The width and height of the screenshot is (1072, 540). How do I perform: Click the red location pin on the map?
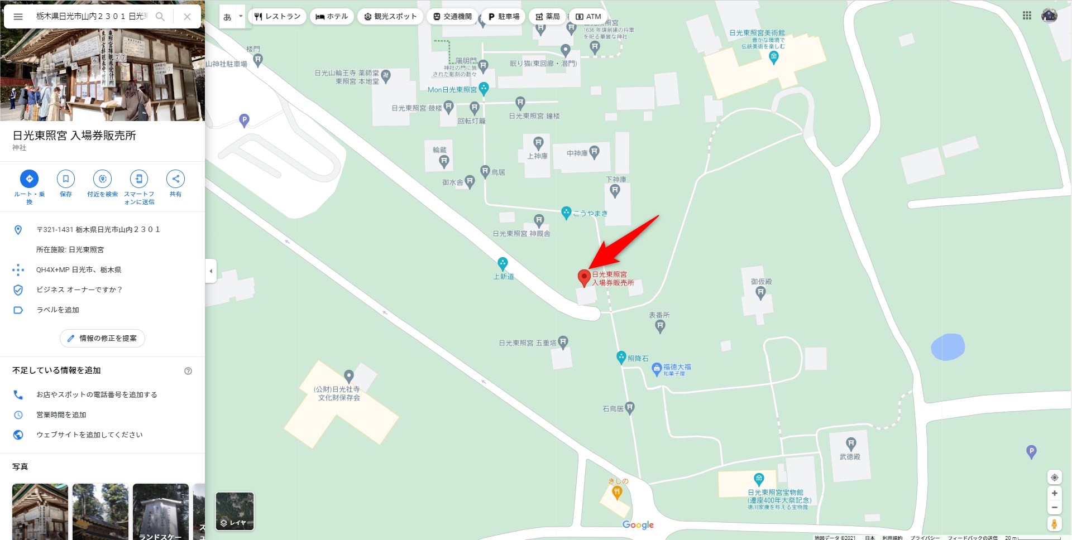(x=584, y=277)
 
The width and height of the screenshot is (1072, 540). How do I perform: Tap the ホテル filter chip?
(x=332, y=17)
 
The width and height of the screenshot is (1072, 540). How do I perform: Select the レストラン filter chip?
(x=277, y=17)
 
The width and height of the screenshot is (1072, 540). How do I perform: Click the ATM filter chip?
(x=588, y=17)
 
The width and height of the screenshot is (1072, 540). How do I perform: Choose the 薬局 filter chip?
(x=547, y=17)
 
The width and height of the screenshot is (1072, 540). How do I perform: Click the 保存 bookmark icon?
(x=66, y=179)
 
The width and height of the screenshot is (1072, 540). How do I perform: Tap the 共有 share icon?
(x=175, y=179)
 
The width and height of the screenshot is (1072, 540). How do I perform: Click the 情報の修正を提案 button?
(x=102, y=338)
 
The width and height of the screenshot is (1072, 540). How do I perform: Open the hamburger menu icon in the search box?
(x=18, y=17)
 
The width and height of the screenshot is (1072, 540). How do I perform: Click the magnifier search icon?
(x=160, y=17)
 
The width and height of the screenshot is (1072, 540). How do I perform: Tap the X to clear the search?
(x=187, y=17)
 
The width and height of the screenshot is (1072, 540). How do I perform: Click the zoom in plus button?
(x=1054, y=493)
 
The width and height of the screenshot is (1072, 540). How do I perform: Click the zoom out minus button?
(x=1054, y=508)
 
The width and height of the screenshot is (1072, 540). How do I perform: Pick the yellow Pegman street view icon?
(x=1054, y=524)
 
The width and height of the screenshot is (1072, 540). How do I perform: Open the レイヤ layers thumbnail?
(x=234, y=511)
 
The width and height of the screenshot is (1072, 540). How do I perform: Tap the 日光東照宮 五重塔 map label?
(x=528, y=343)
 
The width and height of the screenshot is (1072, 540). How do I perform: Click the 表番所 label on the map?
(x=659, y=315)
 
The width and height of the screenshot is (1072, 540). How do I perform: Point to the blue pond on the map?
(x=947, y=347)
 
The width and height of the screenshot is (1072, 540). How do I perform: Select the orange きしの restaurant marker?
(x=617, y=492)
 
